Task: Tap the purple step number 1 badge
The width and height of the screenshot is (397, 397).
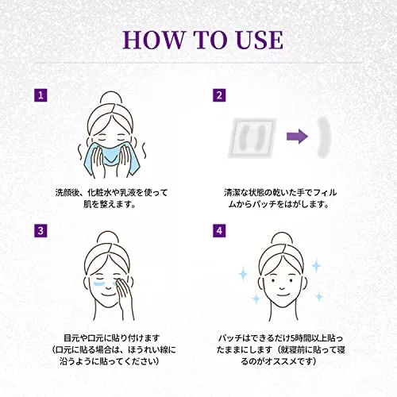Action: pyautogui.click(x=40, y=95)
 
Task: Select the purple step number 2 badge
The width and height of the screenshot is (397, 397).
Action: pyautogui.click(x=219, y=95)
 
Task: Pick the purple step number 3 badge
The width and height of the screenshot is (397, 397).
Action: pyautogui.click(x=40, y=230)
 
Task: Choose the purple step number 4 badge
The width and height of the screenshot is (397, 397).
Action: pyautogui.click(x=219, y=230)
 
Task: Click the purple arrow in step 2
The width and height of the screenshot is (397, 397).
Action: pyautogui.click(x=297, y=137)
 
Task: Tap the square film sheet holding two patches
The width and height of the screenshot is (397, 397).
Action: pyautogui.click(x=252, y=138)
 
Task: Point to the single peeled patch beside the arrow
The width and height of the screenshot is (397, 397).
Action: pyautogui.click(x=323, y=137)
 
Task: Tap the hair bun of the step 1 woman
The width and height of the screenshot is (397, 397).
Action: pyautogui.click(x=111, y=98)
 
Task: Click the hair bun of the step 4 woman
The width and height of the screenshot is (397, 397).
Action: pyautogui.click(x=282, y=239)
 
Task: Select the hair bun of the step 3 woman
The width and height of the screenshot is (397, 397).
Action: pyautogui.click(x=108, y=237)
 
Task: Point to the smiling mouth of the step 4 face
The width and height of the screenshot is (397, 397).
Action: pyautogui.click(x=282, y=288)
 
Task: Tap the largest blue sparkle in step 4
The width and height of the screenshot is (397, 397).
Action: pyautogui.click(x=316, y=266)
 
